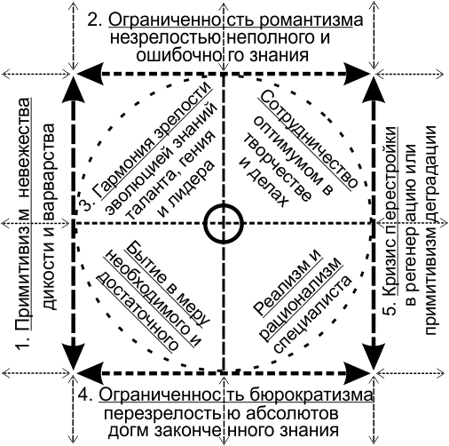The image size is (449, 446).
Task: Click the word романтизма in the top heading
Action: (x=311, y=20)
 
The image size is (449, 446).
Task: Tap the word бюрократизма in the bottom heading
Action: (x=311, y=394)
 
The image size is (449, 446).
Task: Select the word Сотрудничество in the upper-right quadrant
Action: (x=308, y=139)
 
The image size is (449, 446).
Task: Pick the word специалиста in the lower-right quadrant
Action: (x=313, y=314)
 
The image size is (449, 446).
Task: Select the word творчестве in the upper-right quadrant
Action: (x=277, y=169)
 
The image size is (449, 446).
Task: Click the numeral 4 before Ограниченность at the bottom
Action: (x=85, y=395)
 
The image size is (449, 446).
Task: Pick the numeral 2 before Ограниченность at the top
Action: (x=95, y=20)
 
